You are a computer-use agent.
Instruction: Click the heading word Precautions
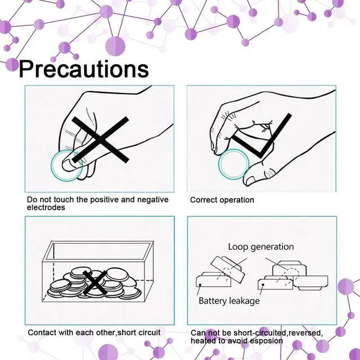[x=84, y=69]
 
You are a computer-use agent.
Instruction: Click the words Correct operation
[x=222, y=200]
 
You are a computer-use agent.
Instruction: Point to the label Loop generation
[x=260, y=246]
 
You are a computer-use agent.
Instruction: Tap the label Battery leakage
[x=229, y=300]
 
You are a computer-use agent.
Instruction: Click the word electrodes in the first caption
[x=46, y=208]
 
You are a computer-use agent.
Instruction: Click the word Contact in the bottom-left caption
[x=42, y=332]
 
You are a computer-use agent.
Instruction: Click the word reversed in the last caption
[x=304, y=333]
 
